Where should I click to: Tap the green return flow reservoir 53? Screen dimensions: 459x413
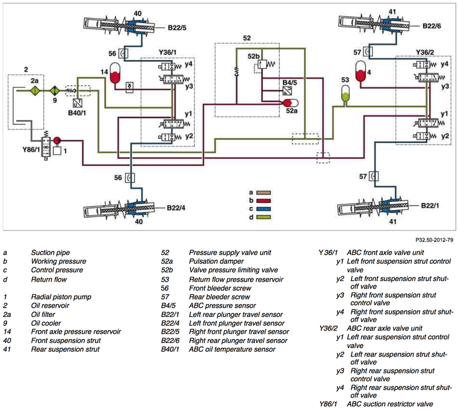click(345, 94)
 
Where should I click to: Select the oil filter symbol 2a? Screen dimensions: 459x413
click(35, 91)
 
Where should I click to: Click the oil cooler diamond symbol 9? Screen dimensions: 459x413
click(55, 91)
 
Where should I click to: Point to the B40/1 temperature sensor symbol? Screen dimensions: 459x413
click(78, 103)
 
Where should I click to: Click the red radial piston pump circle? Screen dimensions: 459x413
click(57, 141)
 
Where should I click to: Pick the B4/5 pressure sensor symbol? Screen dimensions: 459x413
click(287, 91)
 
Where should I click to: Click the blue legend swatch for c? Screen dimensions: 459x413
click(264, 209)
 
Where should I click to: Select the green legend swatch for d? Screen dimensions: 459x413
click(264, 217)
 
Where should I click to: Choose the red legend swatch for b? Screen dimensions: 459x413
click(264, 201)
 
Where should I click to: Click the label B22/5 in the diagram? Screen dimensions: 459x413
click(177, 28)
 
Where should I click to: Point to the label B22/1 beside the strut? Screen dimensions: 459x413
click(430, 206)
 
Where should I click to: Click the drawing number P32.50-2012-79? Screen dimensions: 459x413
click(434, 240)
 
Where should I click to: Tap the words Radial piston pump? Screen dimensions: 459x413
click(61, 297)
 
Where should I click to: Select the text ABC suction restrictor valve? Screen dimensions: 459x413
click(390, 404)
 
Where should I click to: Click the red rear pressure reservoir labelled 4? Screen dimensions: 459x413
click(360, 72)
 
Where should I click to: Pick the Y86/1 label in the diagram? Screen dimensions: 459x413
click(31, 150)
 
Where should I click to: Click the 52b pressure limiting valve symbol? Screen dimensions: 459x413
click(262, 64)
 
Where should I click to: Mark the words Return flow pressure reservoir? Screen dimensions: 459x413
click(236, 280)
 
